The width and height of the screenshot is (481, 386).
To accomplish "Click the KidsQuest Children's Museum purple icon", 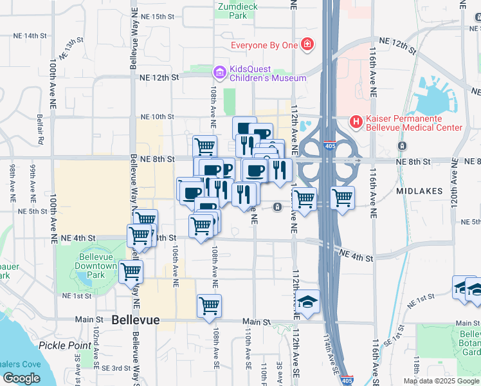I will coord(219,71).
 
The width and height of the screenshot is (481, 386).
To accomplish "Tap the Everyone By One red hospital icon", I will coord(308,45).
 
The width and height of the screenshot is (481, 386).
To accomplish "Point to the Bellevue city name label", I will coord(135,320).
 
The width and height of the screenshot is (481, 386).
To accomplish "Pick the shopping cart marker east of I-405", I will coord(343,198).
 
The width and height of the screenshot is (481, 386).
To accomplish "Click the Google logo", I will coord(22,378).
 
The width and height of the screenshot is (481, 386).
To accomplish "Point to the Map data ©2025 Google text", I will coord(441,381).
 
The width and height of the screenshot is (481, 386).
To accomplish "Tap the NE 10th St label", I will coord(157,116).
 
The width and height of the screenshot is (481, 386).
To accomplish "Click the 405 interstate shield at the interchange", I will coord(330,146).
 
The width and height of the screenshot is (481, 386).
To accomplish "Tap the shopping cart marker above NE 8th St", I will coord(204,145).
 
